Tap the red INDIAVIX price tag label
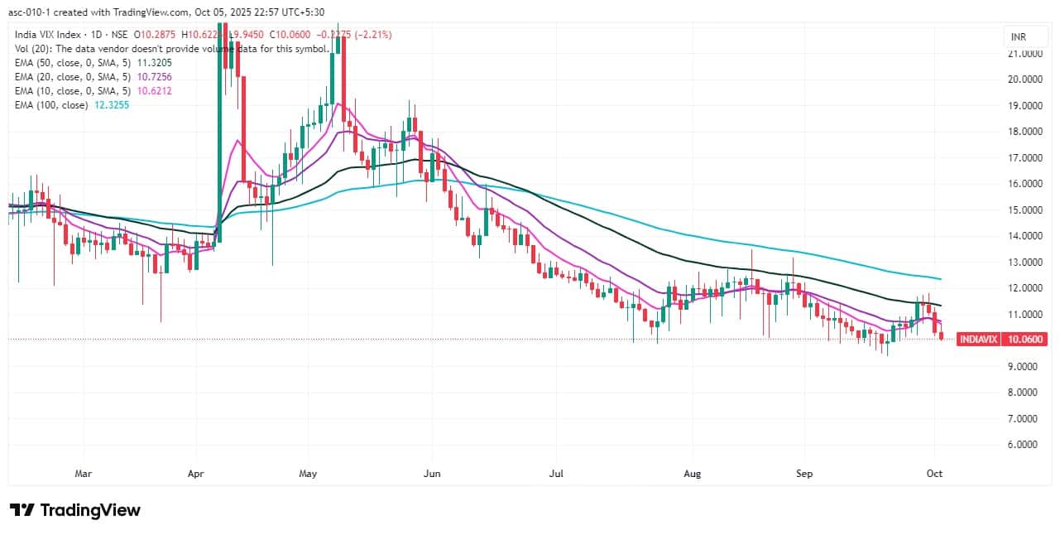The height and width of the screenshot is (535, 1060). coord(977,339)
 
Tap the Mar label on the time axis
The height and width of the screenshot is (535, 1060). coord(83,474)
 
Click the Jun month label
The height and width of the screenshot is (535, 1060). coord(431,474)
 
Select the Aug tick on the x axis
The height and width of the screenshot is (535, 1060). coord(693,474)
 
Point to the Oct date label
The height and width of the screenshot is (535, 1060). coord(934,474)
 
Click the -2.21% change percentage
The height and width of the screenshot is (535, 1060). coord(373,35)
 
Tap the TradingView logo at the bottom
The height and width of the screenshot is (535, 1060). coord(74,510)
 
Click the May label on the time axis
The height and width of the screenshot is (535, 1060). coord(308,474)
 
